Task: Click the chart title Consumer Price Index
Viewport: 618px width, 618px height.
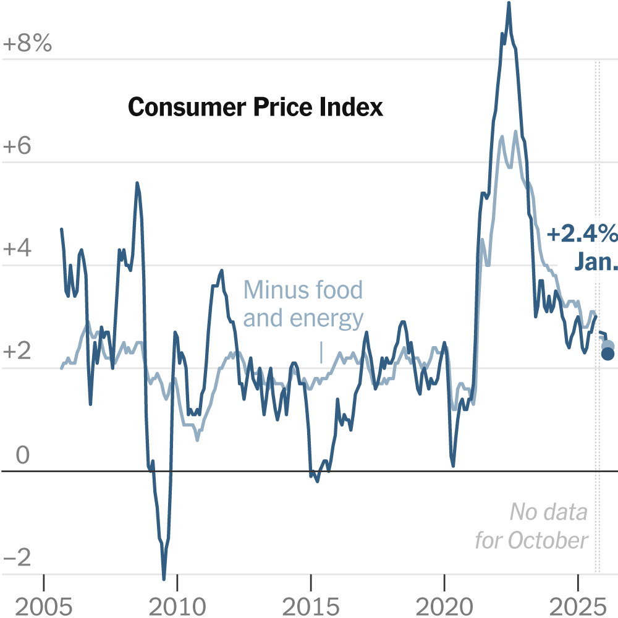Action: [x=255, y=108]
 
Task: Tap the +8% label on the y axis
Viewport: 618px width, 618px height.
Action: [x=28, y=44]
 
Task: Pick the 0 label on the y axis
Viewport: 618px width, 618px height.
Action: [x=22, y=455]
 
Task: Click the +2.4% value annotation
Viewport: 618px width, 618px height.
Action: [x=582, y=235]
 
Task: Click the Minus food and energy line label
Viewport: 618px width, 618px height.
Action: [x=303, y=303]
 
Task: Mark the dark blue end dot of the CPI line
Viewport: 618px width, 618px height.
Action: [x=608, y=353]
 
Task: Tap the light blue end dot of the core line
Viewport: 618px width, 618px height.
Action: [x=608, y=345]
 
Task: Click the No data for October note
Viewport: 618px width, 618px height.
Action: [x=531, y=526]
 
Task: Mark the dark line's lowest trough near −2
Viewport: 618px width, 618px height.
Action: [x=164, y=578]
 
